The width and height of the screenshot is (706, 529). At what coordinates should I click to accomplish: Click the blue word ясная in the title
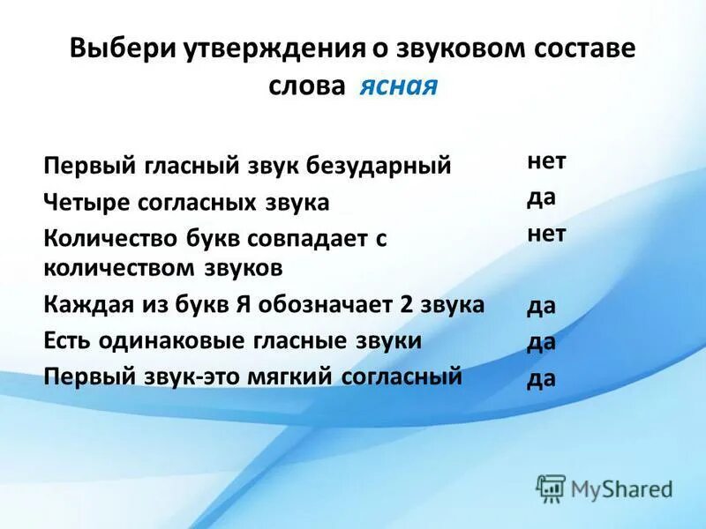[398, 87]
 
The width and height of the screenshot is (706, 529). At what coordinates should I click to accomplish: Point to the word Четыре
[86, 203]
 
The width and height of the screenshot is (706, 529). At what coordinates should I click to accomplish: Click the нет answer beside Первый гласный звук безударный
[546, 162]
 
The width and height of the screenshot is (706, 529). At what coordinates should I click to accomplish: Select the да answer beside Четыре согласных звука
[541, 197]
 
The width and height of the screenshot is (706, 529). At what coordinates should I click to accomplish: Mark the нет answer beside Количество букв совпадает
[546, 234]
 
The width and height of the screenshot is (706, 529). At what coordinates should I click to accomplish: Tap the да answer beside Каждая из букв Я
[541, 308]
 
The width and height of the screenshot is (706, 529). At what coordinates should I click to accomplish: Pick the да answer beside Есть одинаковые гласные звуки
[541, 343]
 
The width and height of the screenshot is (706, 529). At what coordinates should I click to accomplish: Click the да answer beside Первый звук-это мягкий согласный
[541, 379]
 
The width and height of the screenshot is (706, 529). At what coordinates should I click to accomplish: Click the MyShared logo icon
[552, 488]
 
